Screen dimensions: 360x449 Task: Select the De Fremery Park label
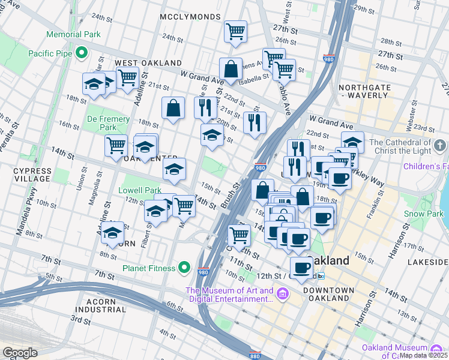pos(107,124)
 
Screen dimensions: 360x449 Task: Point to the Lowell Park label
pos(140,190)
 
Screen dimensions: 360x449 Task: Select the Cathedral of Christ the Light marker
pos(439,146)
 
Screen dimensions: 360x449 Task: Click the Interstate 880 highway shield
pos(255,355)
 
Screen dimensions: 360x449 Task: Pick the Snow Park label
pos(423,214)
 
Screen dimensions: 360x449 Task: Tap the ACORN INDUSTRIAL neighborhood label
pos(99,305)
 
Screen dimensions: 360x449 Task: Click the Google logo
pos(20,353)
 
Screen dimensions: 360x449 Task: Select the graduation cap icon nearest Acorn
pos(112,233)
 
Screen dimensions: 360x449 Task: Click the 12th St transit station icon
pos(321,275)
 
